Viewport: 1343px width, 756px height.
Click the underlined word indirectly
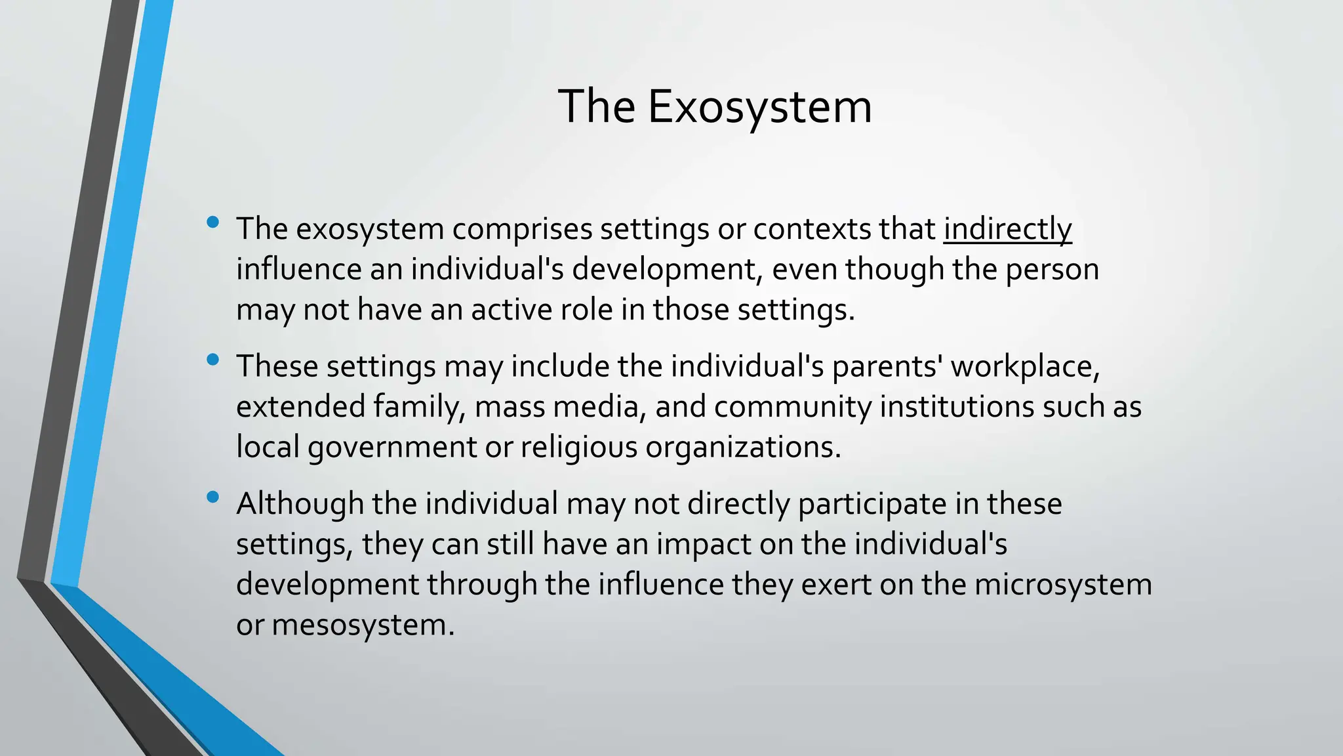pos(1007,229)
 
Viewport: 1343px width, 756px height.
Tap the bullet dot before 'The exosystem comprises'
pos(212,222)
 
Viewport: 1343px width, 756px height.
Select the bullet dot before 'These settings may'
pos(212,360)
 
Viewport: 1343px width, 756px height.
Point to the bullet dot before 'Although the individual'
pos(212,497)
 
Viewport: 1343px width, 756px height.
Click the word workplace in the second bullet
pos(1024,366)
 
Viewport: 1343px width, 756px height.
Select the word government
pos(391,448)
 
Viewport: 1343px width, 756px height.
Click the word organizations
pos(742,448)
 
